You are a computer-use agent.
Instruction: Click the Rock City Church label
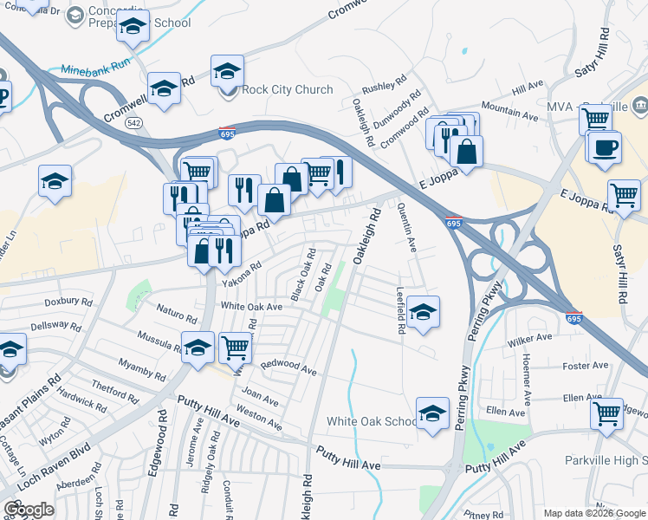pos(287,89)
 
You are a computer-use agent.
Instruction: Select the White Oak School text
pos(371,421)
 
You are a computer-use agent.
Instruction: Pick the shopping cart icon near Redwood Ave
pos(235,347)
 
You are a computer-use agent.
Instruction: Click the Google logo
pos(29,510)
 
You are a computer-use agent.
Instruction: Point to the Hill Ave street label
pos(527,88)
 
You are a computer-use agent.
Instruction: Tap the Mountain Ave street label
pos(509,112)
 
